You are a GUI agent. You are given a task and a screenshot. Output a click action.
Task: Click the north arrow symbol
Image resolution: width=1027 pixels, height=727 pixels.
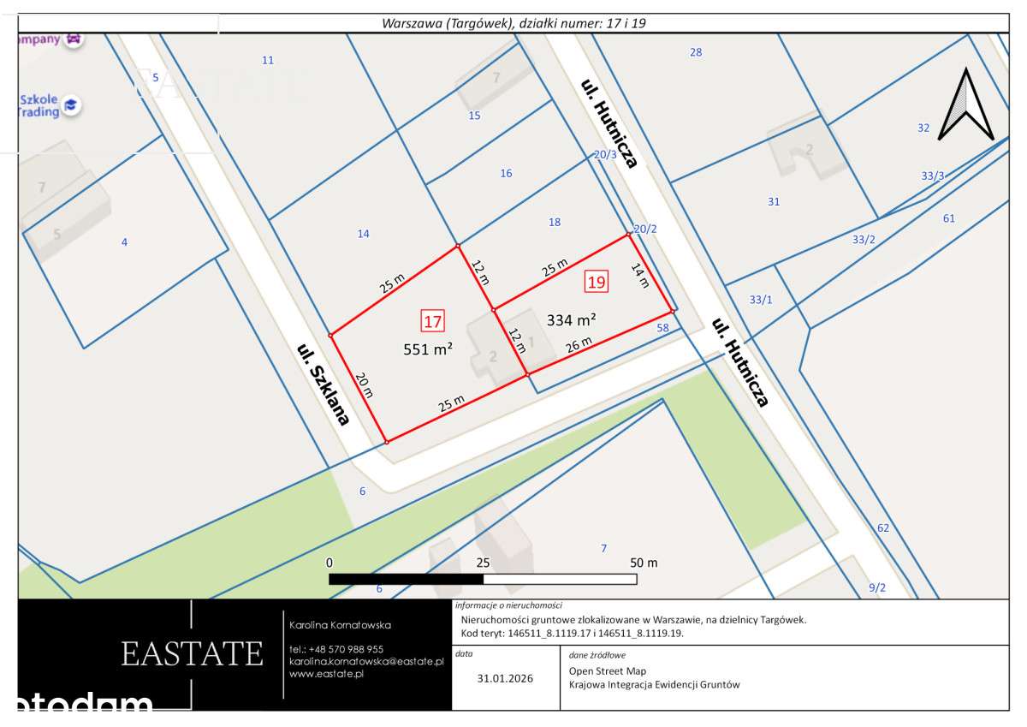pos(965,104)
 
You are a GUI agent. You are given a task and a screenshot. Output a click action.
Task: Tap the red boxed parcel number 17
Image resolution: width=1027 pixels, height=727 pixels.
pos(432,322)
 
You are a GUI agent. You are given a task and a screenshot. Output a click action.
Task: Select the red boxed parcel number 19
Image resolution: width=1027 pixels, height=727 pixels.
pos(597,281)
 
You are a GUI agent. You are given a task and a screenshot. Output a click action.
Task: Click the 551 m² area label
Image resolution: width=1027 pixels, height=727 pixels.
pos(428,349)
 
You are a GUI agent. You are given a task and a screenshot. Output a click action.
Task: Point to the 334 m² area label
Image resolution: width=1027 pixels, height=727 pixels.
pos(571,320)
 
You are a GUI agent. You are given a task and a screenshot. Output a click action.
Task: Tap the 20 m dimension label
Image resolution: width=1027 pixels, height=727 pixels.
pos(365,385)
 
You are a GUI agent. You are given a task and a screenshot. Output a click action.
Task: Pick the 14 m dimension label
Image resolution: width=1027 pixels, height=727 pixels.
pos(639,276)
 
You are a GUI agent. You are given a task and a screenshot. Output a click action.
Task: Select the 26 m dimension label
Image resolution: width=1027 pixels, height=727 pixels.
pos(579,345)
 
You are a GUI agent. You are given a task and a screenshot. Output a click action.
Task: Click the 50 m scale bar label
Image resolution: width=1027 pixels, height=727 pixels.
pos(643,563)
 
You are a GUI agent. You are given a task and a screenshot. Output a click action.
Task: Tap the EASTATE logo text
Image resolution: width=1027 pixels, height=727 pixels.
pos(192,653)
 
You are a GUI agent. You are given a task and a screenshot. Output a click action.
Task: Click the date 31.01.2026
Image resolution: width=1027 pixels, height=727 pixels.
pos(505,678)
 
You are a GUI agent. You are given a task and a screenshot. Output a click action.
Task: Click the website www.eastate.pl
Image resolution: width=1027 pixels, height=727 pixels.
pos(327,674)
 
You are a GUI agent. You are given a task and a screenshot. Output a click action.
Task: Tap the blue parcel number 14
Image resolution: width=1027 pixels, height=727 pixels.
pos(363,234)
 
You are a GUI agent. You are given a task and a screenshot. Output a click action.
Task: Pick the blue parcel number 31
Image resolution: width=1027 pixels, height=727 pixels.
pos(774,202)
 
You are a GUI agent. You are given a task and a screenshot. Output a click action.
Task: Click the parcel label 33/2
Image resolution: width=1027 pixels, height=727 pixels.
pos(864,239)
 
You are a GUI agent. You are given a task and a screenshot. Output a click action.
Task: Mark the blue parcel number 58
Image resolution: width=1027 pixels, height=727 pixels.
pos(662,328)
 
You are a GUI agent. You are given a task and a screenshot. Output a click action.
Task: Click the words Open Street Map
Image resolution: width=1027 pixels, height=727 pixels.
pos(608,671)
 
